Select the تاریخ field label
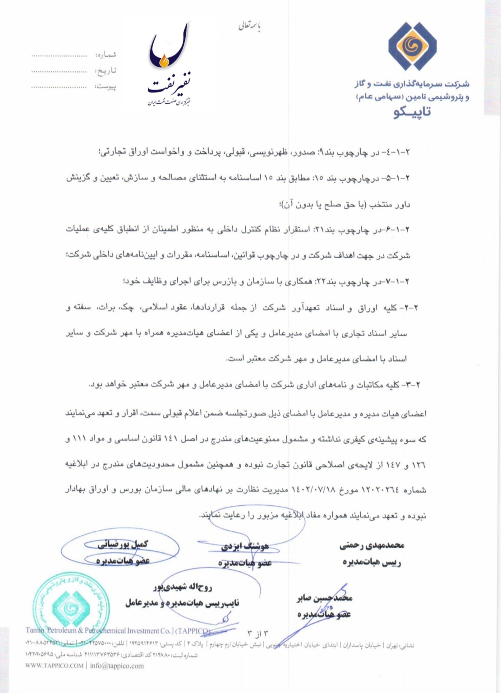[x=107, y=71]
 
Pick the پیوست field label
[x=106, y=86]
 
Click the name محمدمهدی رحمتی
[x=372, y=545]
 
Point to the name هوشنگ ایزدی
[x=245, y=546]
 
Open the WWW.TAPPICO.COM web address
[x=55, y=665]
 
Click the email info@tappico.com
[x=117, y=665]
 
